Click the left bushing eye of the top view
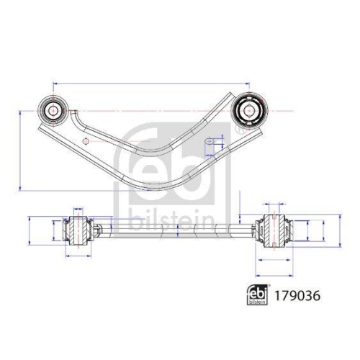(54, 110)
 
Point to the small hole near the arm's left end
(85, 138)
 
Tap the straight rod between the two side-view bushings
(173, 230)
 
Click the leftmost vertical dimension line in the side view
(27, 230)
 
